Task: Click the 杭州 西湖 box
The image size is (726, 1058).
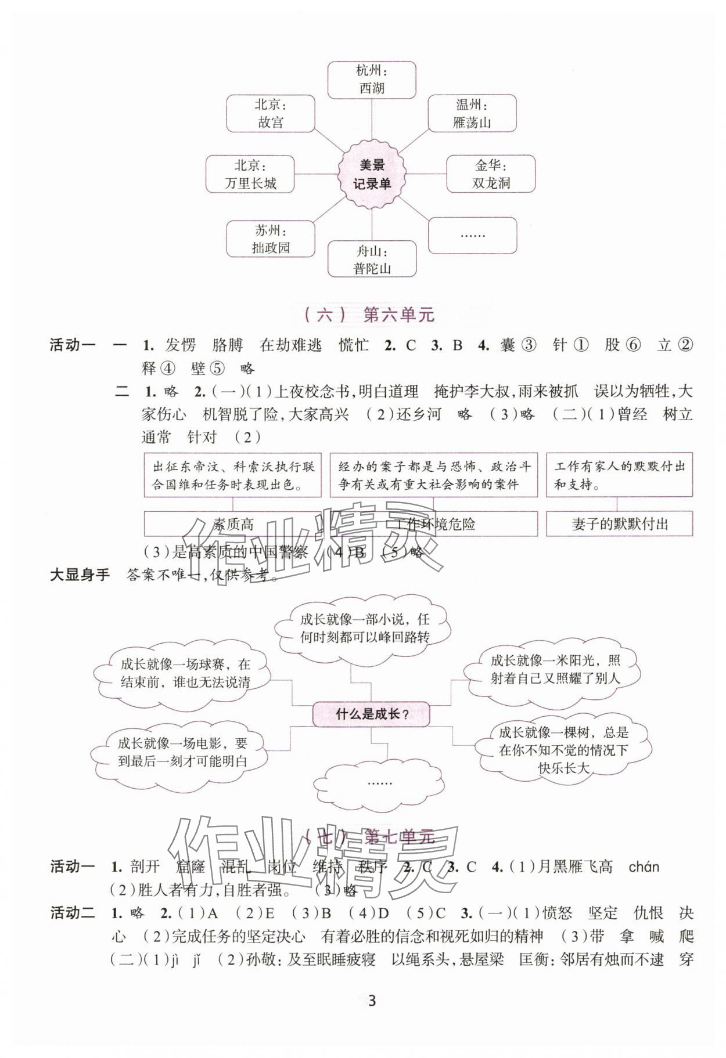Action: click(372, 80)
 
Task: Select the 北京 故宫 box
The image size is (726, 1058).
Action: click(271, 114)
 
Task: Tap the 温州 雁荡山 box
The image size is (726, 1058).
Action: click(472, 114)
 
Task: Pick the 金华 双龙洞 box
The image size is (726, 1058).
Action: click(491, 174)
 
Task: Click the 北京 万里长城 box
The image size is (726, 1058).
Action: click(250, 174)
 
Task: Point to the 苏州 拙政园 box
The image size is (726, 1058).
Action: click(271, 239)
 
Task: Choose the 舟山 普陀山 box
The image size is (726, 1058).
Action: click(372, 259)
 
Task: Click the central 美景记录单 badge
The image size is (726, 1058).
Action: click(372, 174)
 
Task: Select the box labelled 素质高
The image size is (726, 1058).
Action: click(233, 524)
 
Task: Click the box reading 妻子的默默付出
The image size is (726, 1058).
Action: click(619, 524)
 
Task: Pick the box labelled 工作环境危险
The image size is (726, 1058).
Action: click(434, 524)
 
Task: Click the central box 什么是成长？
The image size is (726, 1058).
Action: click(372, 714)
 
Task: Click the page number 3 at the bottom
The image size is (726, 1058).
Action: click(372, 1001)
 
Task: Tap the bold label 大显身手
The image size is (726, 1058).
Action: click(80, 576)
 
